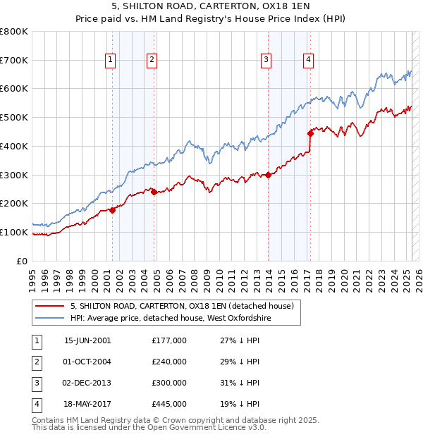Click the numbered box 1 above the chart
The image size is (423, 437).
(x=111, y=60)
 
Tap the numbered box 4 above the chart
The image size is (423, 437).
(x=309, y=60)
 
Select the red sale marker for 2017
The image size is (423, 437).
(x=310, y=133)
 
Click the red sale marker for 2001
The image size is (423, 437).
(x=112, y=210)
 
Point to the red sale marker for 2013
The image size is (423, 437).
(x=269, y=175)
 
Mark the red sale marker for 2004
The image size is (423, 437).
(x=154, y=192)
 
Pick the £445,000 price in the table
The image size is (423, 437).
(x=169, y=404)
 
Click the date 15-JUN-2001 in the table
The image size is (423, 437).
(x=87, y=340)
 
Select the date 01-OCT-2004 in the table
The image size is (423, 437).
(x=87, y=362)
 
